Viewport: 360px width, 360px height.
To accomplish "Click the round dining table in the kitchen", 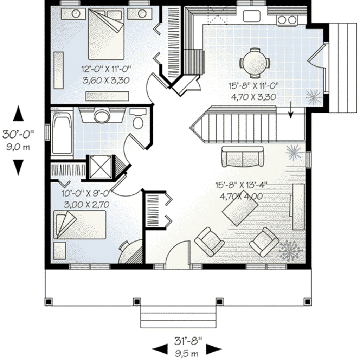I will point(255,63).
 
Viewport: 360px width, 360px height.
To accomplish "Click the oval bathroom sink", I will point(102,116).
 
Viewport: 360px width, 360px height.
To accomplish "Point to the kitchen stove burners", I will point(287,20).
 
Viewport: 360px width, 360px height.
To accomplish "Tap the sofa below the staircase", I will point(243,157).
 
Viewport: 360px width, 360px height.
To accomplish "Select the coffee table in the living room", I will point(240,211).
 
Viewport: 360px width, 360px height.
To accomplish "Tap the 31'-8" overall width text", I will point(188,340).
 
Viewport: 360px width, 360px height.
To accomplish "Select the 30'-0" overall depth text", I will point(18,134).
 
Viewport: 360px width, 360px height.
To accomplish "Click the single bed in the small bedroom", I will point(80,225).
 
